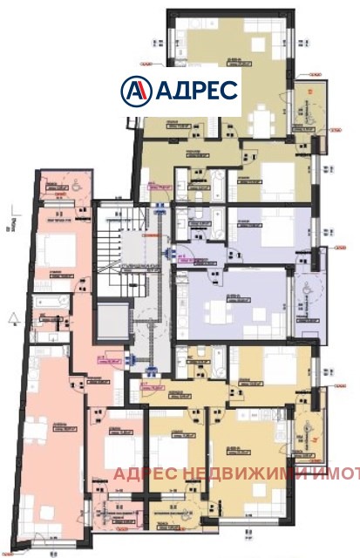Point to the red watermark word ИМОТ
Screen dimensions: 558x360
(x=336, y=474)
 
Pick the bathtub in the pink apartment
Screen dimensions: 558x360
(x=52, y=302)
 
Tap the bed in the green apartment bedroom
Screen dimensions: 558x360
(x=277, y=178)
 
